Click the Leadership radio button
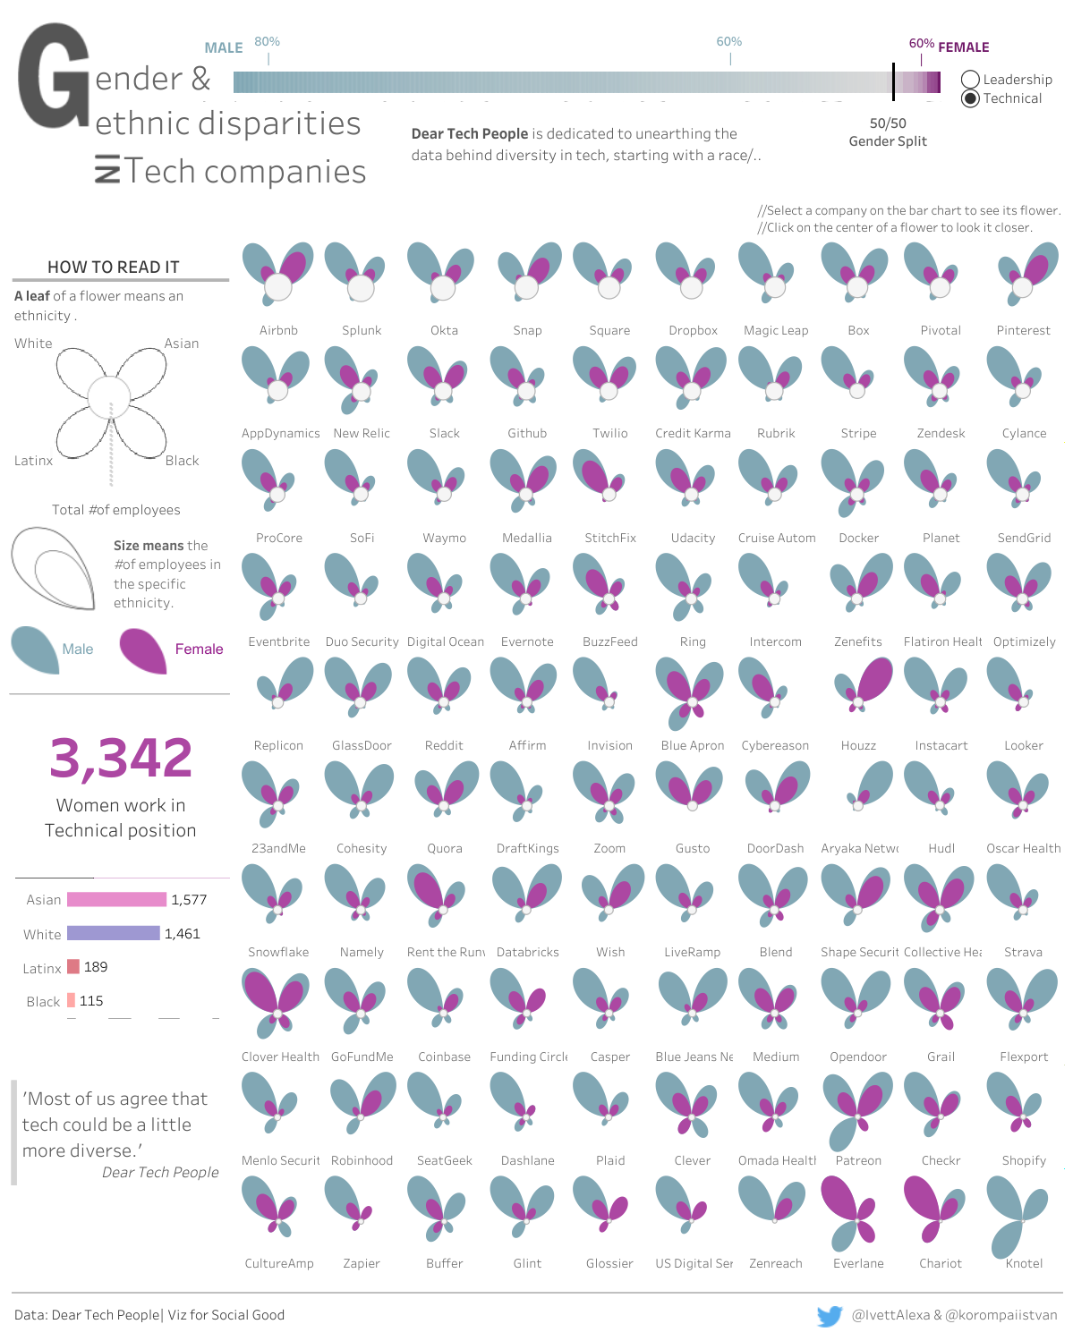tap(970, 80)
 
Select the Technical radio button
tap(970, 98)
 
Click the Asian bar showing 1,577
tap(116, 899)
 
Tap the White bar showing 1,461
tap(113, 933)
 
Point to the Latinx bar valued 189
tap(73, 967)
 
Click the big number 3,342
tap(121, 758)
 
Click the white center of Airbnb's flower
tap(278, 287)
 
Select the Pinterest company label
tap(1023, 330)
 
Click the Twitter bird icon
tap(830, 1316)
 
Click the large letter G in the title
tap(54, 78)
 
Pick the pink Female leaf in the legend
tap(143, 649)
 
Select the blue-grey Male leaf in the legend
tap(35, 649)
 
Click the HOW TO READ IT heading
tap(114, 267)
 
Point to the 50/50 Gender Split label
tap(888, 132)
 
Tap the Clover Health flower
tap(277, 1002)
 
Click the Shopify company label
tap(1024, 1160)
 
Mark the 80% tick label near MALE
tap(267, 42)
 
